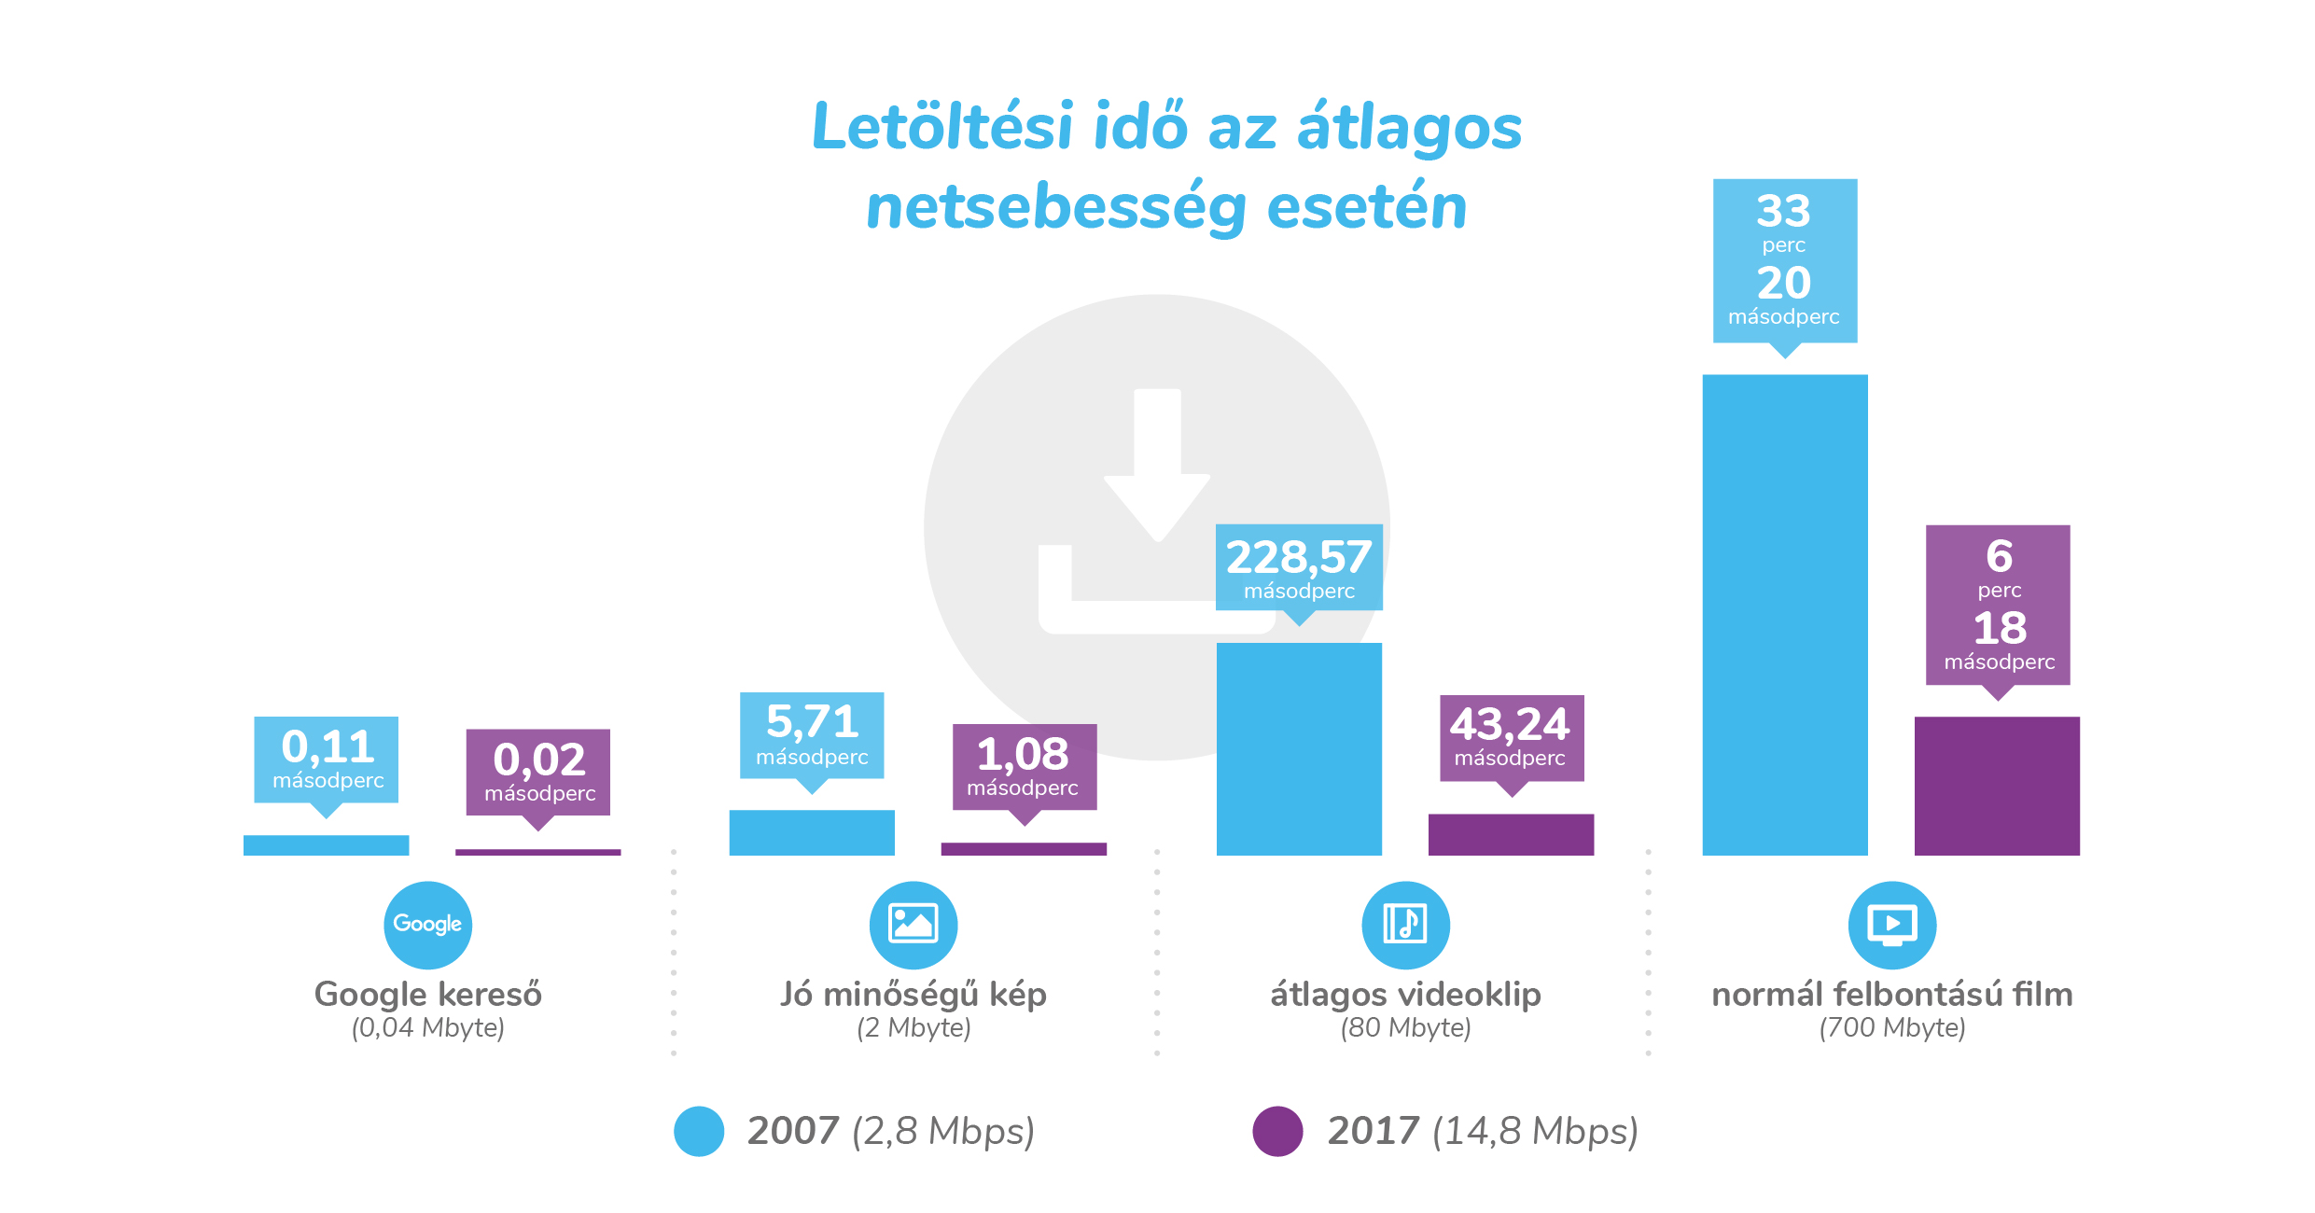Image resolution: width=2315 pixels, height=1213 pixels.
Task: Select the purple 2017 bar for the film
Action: [1997, 786]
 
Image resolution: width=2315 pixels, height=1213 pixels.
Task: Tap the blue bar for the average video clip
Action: [1299, 748]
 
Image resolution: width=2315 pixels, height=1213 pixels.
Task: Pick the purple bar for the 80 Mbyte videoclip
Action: [1511, 834]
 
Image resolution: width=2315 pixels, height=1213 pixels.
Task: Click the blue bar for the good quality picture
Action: [812, 832]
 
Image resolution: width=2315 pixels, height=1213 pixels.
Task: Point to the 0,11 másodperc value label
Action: [327, 760]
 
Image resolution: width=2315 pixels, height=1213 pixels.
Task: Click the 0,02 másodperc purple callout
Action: [538, 773]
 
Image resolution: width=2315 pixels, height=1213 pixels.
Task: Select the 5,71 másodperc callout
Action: [812, 735]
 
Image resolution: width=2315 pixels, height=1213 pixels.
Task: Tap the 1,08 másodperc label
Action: [1024, 767]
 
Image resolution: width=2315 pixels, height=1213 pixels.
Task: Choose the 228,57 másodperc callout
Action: [1299, 567]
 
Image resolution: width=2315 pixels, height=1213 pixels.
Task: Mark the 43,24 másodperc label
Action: [1511, 738]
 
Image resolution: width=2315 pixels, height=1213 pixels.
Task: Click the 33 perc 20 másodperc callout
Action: [1784, 261]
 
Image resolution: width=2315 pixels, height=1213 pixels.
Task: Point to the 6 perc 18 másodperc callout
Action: [1998, 605]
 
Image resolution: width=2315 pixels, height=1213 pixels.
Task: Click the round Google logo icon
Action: [427, 925]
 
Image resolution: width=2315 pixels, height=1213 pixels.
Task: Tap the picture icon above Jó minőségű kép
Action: [913, 925]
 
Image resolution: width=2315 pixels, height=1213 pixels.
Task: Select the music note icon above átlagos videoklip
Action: [1405, 925]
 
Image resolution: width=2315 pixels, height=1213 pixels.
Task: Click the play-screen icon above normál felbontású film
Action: [1891, 925]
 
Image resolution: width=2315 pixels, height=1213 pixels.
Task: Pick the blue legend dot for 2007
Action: [699, 1131]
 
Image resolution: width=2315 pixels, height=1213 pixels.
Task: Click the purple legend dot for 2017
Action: [1277, 1131]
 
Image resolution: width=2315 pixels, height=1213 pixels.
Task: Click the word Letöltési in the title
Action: [942, 127]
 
